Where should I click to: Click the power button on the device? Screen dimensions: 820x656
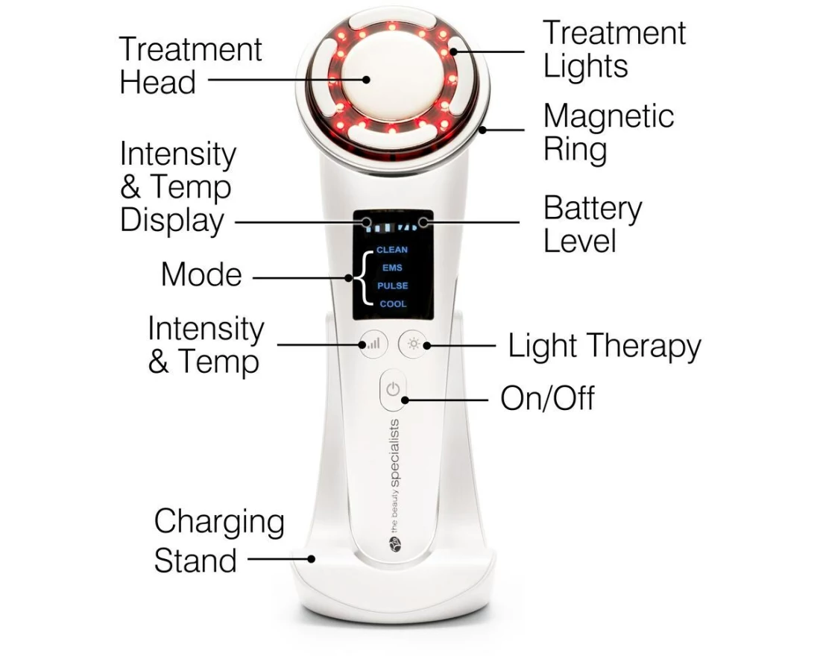coord(393,390)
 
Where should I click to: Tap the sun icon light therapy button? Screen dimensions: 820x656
coord(414,344)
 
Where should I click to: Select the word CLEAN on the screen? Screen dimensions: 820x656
coord(391,250)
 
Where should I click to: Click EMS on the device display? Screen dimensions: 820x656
coord(392,268)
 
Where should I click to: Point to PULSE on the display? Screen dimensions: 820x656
coord(393,286)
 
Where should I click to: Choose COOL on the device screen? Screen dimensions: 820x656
coord(394,304)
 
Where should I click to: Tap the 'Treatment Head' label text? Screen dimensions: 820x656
coord(190,66)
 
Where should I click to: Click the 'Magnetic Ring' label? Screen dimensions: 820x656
coord(608,133)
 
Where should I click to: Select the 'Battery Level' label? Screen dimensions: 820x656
coord(593,224)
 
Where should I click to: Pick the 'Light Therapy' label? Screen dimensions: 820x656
coord(604,347)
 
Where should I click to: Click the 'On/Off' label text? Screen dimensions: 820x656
coord(547,398)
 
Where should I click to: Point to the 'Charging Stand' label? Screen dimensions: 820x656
coord(219,541)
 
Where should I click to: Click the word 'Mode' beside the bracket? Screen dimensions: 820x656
coord(201,274)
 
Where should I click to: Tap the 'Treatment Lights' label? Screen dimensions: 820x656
coord(614,49)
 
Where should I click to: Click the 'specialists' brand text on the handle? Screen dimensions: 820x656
coord(394,453)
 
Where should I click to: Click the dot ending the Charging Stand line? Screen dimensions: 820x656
coord(311,558)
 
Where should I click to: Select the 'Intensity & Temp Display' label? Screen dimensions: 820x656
coord(178,187)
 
